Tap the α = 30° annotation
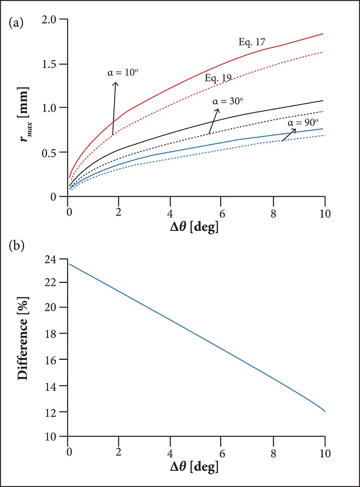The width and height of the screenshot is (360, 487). coord(228,100)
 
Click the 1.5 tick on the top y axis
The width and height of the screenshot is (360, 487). coord(53,64)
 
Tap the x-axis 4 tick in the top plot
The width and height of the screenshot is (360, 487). coord(170,209)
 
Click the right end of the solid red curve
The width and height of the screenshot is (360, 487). coord(323,34)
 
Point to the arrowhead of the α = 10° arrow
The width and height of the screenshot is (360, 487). coord(116,83)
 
